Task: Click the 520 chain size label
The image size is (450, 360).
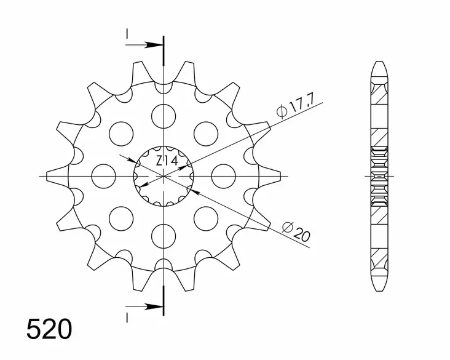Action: coord(49,329)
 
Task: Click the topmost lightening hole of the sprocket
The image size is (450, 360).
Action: coord(164,115)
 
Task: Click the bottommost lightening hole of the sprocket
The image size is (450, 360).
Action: coord(164,236)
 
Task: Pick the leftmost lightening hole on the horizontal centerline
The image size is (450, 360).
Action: coord(104,175)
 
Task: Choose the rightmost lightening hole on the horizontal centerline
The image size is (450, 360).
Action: coord(224,175)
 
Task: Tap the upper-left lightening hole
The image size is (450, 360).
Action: coord(122,133)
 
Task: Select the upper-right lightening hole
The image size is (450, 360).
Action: coord(207,133)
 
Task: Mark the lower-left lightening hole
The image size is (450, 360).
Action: coord(122,218)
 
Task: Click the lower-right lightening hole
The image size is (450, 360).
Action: coord(207,218)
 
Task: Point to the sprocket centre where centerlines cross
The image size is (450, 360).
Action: coord(164,175)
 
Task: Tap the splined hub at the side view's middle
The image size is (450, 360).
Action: coord(379,175)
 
